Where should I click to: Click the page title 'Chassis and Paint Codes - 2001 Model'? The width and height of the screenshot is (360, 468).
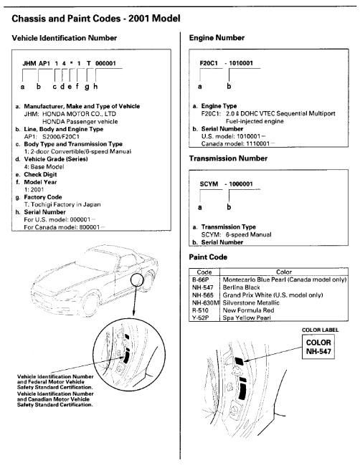(96, 19)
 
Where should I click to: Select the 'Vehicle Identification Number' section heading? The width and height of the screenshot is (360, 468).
(65, 38)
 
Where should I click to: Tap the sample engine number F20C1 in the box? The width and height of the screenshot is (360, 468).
(209, 63)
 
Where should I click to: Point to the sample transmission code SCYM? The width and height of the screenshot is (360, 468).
(209, 184)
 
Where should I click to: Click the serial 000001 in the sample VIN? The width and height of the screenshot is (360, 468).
(105, 63)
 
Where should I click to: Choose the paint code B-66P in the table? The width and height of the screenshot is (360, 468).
(201, 280)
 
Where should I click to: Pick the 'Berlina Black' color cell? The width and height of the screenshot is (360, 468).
(242, 287)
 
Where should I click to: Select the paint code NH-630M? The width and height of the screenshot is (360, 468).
(206, 303)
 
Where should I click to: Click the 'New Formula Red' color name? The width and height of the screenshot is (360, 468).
(248, 310)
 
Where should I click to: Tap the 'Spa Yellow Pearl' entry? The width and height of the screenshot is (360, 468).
(247, 318)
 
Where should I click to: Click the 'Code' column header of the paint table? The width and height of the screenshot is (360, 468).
(204, 272)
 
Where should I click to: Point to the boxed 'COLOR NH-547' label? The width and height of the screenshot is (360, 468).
(318, 347)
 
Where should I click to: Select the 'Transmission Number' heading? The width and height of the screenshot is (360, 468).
(228, 158)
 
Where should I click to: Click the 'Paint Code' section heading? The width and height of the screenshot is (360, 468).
(208, 257)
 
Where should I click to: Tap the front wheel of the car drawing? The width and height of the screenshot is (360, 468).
(88, 305)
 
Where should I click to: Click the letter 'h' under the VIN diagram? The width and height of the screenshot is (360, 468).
(95, 87)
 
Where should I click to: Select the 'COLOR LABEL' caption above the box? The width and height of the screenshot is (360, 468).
(321, 330)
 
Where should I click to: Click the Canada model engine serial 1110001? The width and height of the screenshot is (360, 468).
(258, 144)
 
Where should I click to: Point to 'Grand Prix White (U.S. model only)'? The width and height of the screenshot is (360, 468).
(273, 295)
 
